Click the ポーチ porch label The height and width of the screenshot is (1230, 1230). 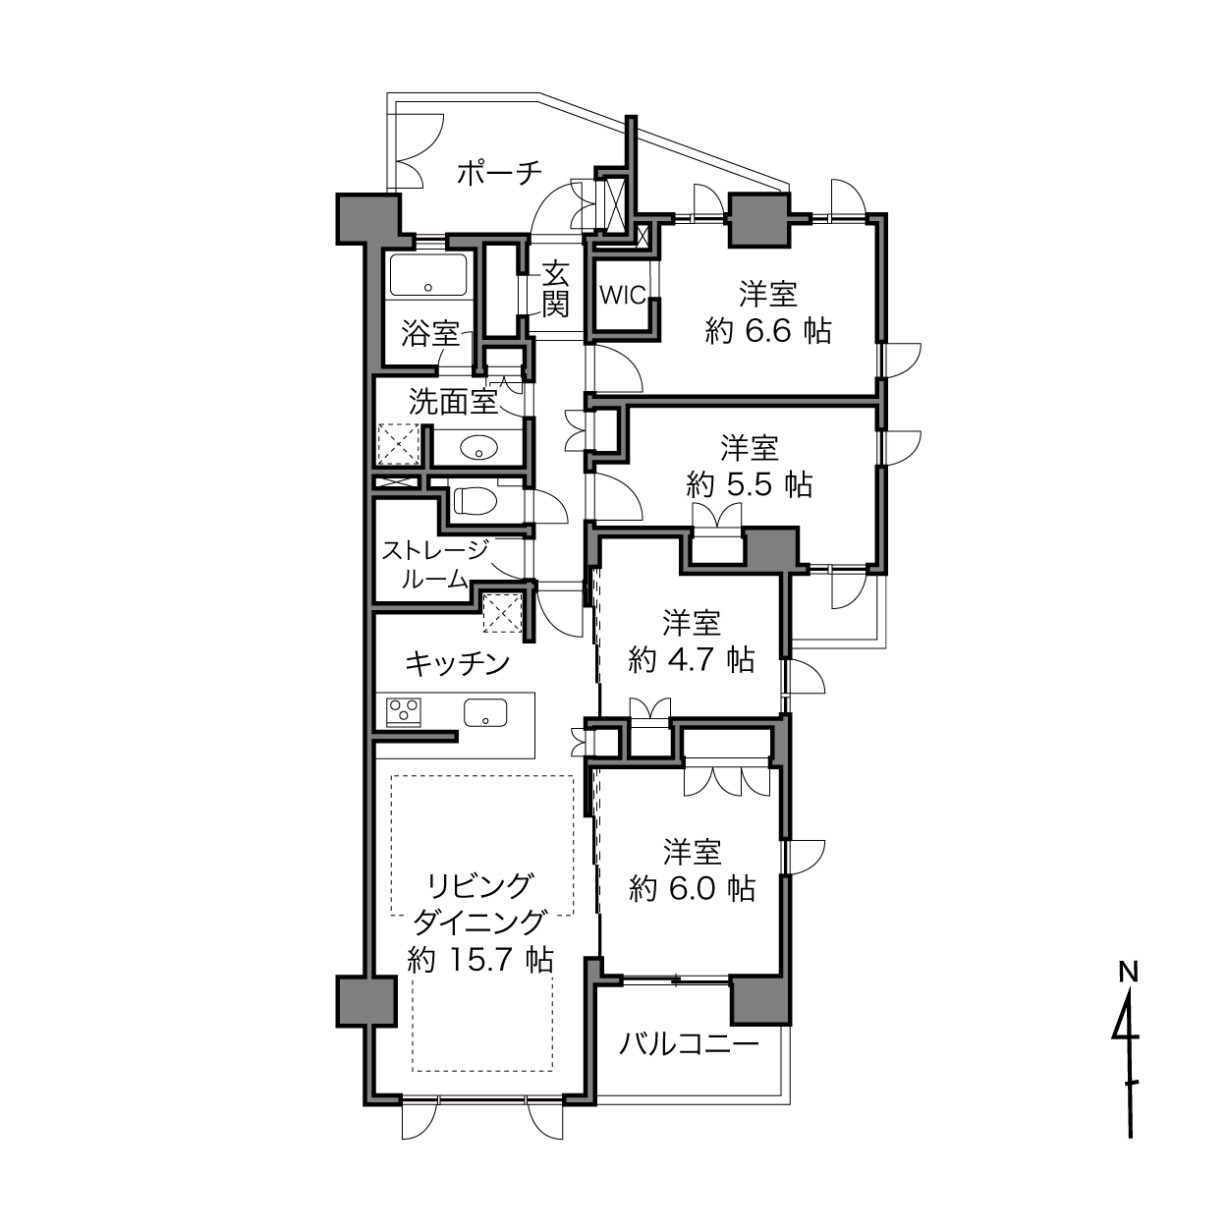(x=500, y=172)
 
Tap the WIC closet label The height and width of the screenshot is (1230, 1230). (x=623, y=296)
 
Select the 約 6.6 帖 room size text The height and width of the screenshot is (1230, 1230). (x=768, y=331)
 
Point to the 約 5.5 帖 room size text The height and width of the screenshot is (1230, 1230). (x=750, y=484)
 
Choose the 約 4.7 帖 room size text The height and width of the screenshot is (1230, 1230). (x=692, y=659)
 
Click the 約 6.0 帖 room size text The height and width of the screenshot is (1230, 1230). (x=692, y=888)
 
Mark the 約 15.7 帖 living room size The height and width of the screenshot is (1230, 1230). (x=480, y=978)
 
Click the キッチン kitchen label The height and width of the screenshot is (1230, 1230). (x=458, y=664)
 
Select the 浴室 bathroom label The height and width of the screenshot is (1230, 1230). (x=430, y=333)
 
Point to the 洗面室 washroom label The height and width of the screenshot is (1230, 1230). (x=453, y=402)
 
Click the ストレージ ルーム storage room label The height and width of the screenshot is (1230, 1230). (x=435, y=564)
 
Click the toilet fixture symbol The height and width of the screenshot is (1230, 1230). (x=475, y=501)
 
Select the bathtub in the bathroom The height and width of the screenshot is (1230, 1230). (x=427, y=274)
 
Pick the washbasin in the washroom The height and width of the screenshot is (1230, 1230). (x=478, y=447)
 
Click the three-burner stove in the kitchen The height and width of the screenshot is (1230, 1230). (x=404, y=710)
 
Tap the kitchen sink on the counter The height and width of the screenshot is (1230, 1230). (x=485, y=711)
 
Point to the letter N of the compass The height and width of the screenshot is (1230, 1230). (x=1129, y=972)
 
